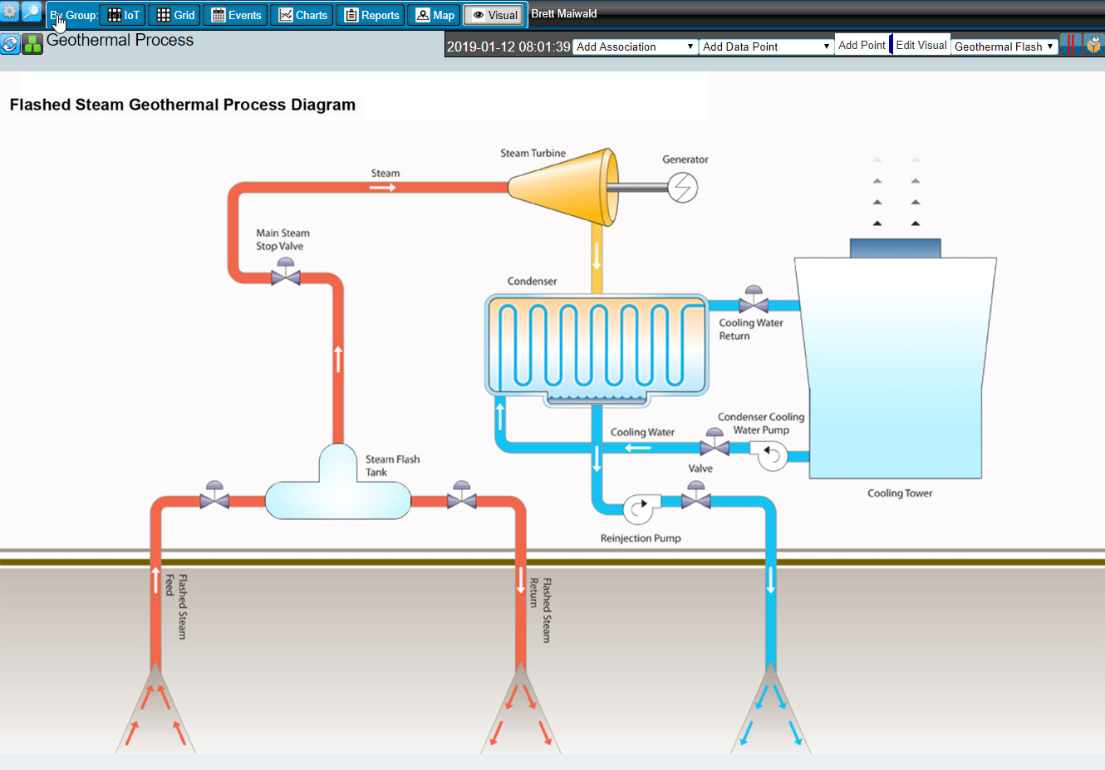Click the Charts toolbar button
302,15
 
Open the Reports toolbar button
371,15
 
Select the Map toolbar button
435,15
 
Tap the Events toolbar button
236,15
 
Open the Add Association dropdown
635,47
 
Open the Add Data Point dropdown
765,47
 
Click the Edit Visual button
921,45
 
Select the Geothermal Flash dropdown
1004,47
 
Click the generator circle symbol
682,187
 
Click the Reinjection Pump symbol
639,508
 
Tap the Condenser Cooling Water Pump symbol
772,455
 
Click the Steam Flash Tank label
392,465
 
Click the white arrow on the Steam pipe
382,188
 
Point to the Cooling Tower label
900,493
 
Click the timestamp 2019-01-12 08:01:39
508,47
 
